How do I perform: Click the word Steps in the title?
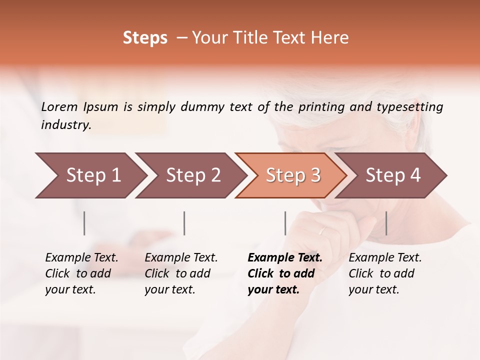pyautogui.click(x=145, y=38)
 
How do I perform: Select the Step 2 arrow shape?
pyautogui.click(x=190, y=175)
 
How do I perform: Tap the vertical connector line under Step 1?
pyautogui.click(x=84, y=223)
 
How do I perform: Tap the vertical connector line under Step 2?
pyautogui.click(x=184, y=223)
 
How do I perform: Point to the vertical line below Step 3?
pyautogui.click(x=285, y=223)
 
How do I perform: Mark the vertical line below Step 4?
pyautogui.click(x=386, y=223)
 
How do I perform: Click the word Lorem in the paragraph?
pyautogui.click(x=59, y=107)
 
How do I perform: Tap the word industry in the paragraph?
pyautogui.click(x=65, y=125)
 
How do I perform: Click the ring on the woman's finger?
pyautogui.click(x=322, y=231)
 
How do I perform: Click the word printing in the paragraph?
pyautogui.click(x=321, y=107)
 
